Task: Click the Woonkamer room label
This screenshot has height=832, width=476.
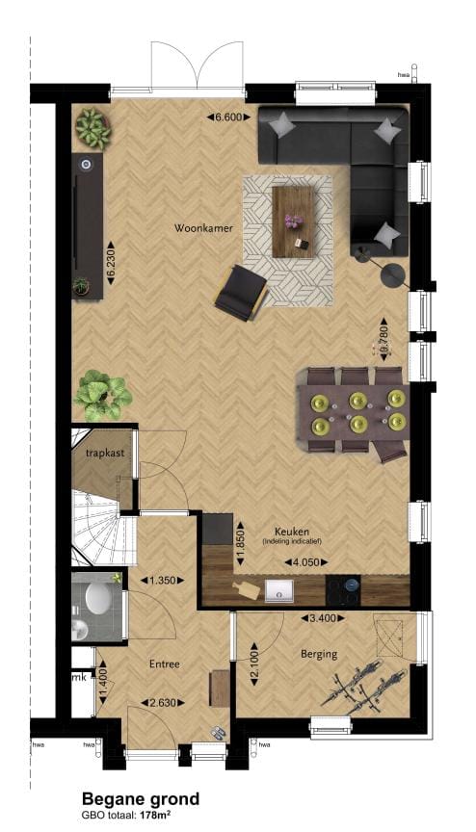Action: (x=200, y=229)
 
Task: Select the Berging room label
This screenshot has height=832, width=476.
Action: (x=317, y=655)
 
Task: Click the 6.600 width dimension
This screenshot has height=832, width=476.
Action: (x=228, y=117)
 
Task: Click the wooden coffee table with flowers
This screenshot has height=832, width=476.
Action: (x=295, y=221)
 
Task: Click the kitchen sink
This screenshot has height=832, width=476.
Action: (x=283, y=587)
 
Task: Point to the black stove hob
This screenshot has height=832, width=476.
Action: (x=344, y=586)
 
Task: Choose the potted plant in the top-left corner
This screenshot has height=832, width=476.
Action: (x=93, y=125)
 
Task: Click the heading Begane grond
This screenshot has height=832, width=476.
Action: (x=141, y=798)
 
